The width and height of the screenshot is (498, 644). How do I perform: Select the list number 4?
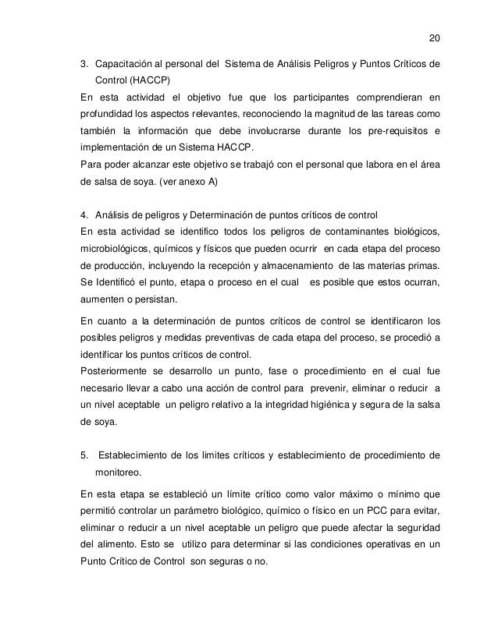[x=85, y=214]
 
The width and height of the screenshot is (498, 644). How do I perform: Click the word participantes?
[x=316, y=97]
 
